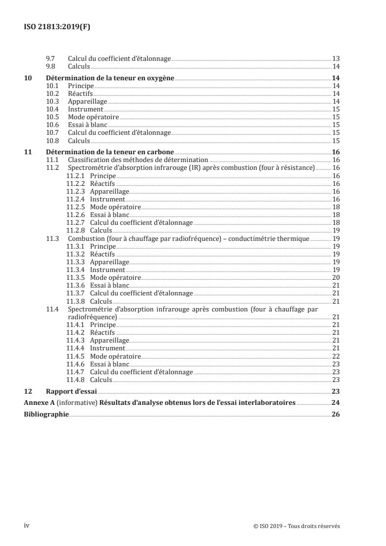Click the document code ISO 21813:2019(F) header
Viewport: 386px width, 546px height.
57,27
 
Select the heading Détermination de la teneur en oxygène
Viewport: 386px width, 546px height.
110,78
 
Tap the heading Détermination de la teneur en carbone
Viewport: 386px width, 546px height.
110,152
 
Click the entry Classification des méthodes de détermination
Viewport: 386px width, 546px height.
138,160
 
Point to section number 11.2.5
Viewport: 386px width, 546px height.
75,207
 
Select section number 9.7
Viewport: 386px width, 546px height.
50,58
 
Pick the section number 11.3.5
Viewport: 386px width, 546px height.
75,277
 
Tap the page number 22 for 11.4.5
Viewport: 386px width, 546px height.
335,356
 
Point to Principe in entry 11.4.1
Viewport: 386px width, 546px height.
103,325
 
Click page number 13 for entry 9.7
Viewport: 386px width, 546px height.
335,58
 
